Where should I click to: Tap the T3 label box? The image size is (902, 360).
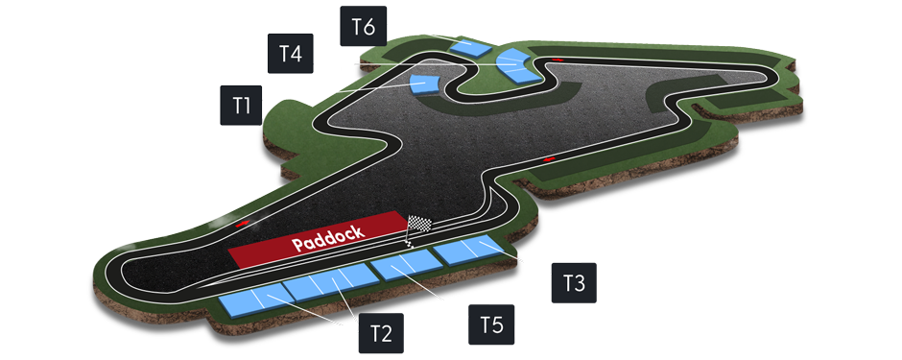pos(574,283)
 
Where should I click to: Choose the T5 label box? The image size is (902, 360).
pos(491,325)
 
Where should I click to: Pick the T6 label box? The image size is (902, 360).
pos(363,26)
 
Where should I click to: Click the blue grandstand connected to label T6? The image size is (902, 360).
pos(470,45)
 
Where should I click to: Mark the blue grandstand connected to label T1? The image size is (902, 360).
pos(423,83)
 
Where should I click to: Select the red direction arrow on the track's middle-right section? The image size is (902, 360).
pos(549,157)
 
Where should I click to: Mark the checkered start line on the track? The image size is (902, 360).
pos(411,241)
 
